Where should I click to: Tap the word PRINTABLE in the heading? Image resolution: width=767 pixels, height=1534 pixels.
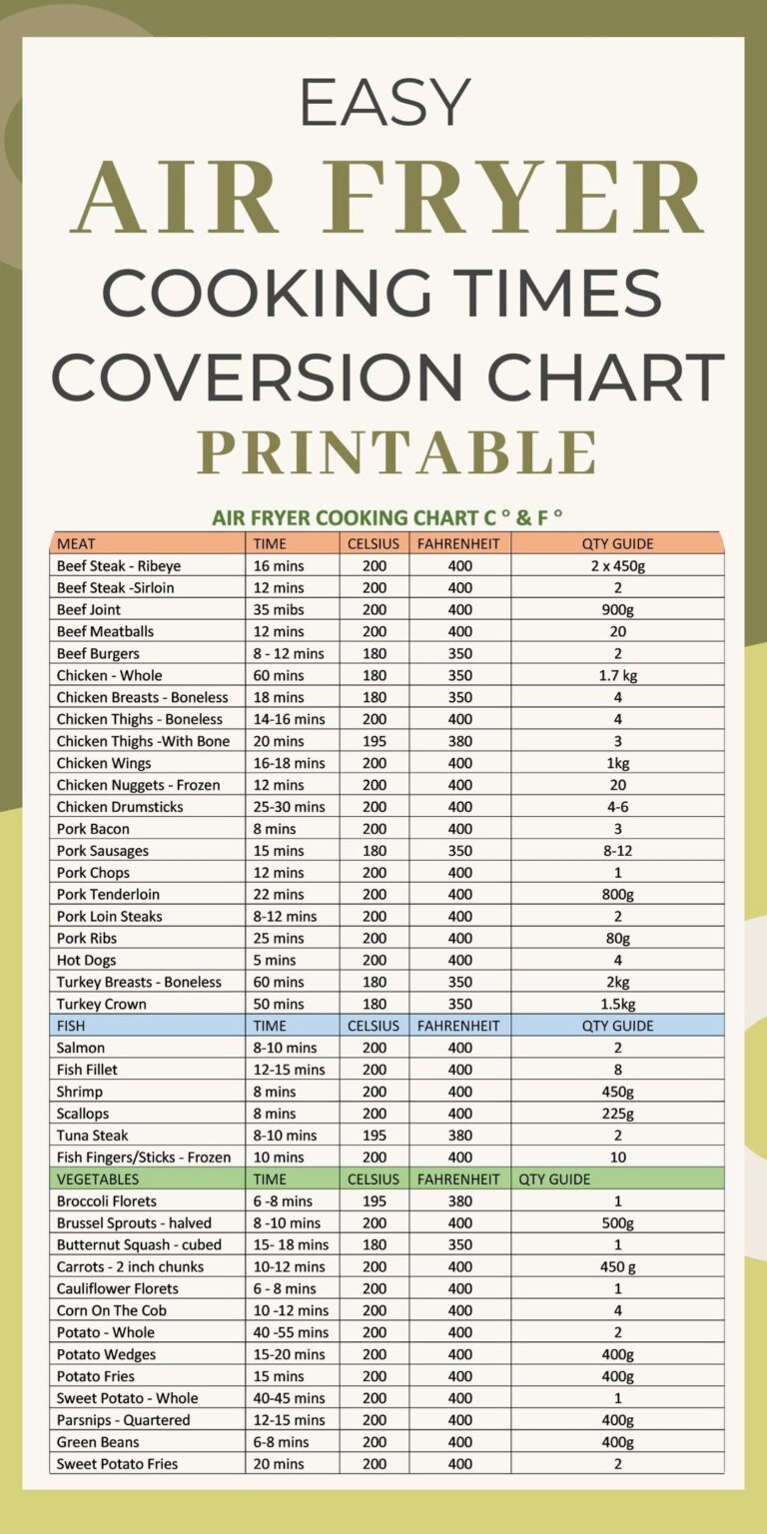[x=396, y=452]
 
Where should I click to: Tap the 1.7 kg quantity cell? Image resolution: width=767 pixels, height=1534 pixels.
[x=617, y=675]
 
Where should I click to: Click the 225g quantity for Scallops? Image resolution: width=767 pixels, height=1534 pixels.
[x=617, y=1114]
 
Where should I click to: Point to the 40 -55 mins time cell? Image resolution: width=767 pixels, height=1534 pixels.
[x=291, y=1332]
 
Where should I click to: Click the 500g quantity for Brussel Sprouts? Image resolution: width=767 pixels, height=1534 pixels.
[x=617, y=1222]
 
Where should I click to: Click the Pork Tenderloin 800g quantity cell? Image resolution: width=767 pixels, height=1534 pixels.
[x=617, y=894]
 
